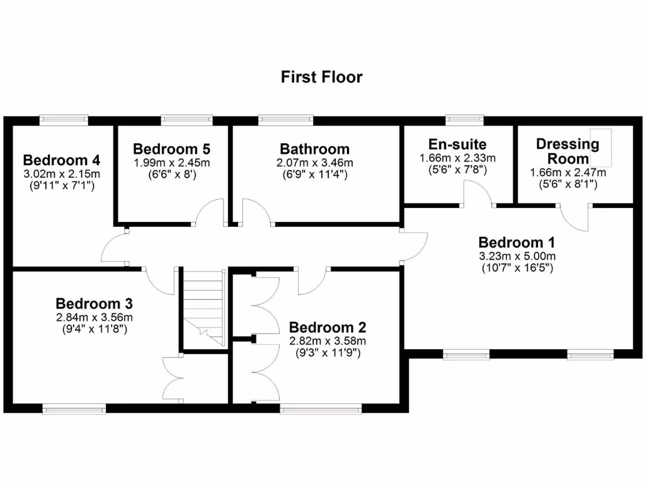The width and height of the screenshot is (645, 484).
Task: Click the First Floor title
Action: coord(321,77)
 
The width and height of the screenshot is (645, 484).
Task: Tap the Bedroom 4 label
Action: coord(62,159)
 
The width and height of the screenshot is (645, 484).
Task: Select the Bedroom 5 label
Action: coord(171,149)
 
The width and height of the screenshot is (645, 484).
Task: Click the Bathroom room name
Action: coord(314,149)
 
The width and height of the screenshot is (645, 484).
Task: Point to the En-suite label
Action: coord(457,144)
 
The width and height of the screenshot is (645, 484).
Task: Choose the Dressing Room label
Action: coord(568,151)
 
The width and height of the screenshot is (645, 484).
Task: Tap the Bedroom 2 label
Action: coord(327,328)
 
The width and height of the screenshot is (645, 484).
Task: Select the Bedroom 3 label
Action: coord(94,303)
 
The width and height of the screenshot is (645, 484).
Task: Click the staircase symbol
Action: coord(203,306)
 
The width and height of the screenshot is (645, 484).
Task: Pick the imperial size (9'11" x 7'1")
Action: coord(62,186)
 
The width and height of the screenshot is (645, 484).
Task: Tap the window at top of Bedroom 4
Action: coord(63,119)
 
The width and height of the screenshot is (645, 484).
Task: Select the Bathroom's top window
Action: coord(285,119)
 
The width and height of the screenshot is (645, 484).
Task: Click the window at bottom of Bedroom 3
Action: coord(74,409)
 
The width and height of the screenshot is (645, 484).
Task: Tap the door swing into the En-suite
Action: coord(477,192)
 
